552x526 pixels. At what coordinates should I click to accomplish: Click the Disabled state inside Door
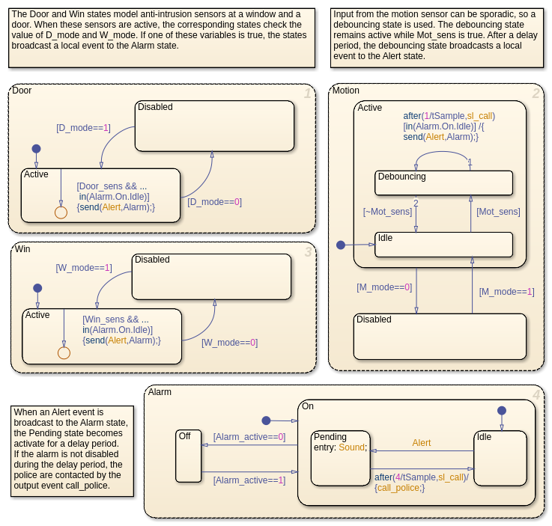click(x=214, y=125)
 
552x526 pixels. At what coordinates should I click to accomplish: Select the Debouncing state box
click(x=443, y=183)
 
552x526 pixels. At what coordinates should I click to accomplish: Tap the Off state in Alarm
click(x=188, y=456)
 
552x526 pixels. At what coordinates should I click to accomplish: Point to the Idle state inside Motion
click(x=443, y=245)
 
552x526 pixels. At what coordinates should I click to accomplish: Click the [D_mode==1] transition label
click(x=83, y=128)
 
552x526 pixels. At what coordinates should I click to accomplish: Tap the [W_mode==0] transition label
click(x=229, y=343)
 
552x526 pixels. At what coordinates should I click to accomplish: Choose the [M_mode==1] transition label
click(x=507, y=292)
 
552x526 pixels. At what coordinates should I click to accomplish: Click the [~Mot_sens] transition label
click(x=387, y=212)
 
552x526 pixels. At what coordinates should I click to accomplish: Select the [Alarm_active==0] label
click(x=249, y=437)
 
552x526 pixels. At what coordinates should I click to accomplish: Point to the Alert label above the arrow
click(x=422, y=443)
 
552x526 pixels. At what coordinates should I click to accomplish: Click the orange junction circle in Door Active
click(x=61, y=212)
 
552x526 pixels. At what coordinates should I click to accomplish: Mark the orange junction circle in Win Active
click(x=64, y=352)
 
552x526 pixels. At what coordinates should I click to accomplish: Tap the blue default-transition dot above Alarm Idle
click(x=502, y=410)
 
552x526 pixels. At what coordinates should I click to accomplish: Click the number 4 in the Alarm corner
click(x=536, y=395)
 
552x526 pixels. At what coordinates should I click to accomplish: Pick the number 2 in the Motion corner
click(x=536, y=94)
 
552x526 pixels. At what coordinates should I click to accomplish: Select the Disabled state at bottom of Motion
click(x=439, y=336)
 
